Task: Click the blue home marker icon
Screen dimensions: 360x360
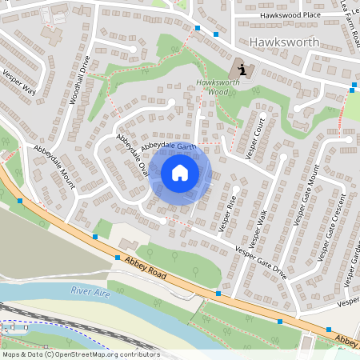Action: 180,173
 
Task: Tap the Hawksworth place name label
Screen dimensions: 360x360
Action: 284,42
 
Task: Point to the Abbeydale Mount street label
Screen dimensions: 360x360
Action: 54,167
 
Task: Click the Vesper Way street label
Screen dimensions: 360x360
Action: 20,82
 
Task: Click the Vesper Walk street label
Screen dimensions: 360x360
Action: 258,228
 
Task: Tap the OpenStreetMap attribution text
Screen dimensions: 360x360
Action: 80,354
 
